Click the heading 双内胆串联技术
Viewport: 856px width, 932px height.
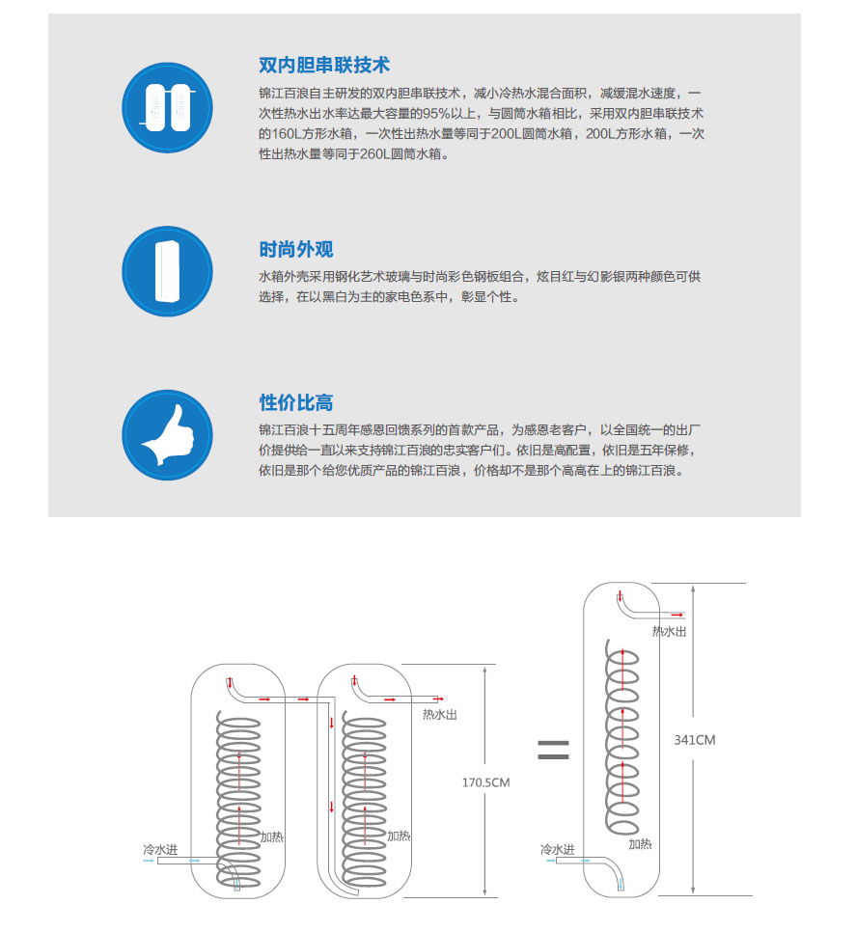click(x=324, y=65)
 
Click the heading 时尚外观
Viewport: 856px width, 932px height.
click(x=296, y=249)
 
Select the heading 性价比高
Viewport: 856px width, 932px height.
click(x=296, y=402)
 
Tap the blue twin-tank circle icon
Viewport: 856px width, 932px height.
click(x=167, y=108)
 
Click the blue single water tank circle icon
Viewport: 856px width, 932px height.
click(x=167, y=271)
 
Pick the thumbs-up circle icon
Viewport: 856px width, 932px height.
click(x=167, y=435)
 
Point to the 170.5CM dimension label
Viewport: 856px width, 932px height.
click(x=485, y=782)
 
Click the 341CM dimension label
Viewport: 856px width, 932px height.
click(x=694, y=740)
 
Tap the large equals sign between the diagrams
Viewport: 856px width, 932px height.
click(x=553, y=750)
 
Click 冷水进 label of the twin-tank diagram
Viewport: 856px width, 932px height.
click(x=160, y=849)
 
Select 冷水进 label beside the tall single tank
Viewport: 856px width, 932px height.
click(x=558, y=849)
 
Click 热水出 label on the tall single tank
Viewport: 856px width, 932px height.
click(x=670, y=631)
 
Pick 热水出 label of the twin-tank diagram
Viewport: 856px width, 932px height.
click(x=440, y=715)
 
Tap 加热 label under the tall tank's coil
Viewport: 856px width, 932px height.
click(x=640, y=844)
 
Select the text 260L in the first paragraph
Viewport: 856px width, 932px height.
click(x=374, y=154)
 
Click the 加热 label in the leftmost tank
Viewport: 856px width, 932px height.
click(x=272, y=836)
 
